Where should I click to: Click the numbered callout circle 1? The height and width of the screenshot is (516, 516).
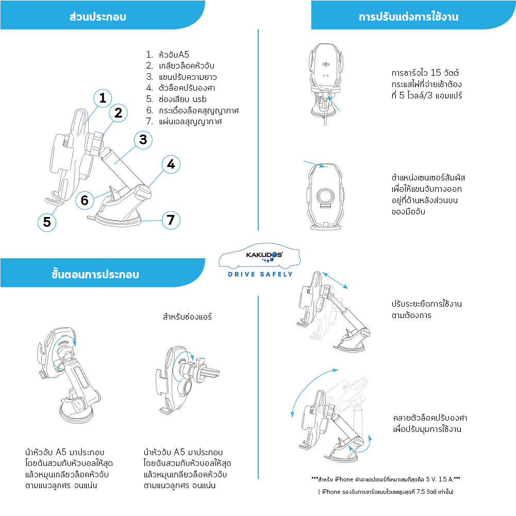point(103,98)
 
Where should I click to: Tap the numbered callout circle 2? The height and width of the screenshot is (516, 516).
point(118,112)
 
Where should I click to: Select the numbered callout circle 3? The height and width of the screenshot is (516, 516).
point(143,139)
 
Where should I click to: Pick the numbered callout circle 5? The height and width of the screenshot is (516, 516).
point(47,222)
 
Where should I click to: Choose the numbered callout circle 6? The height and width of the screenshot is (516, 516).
point(85,199)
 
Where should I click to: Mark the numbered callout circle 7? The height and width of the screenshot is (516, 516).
point(170,220)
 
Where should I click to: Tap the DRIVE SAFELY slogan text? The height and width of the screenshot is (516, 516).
point(260,274)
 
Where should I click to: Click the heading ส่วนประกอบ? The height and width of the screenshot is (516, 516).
point(97,17)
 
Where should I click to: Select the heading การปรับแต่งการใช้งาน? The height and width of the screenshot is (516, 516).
point(408,17)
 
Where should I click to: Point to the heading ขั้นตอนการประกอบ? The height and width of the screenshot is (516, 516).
point(95,274)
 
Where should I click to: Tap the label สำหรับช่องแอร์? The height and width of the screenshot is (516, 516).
point(187,317)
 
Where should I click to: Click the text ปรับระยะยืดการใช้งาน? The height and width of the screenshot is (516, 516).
point(426,304)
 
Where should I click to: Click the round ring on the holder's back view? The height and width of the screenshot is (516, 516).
point(326,196)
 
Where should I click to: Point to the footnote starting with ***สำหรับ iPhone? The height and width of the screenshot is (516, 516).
point(386,479)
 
